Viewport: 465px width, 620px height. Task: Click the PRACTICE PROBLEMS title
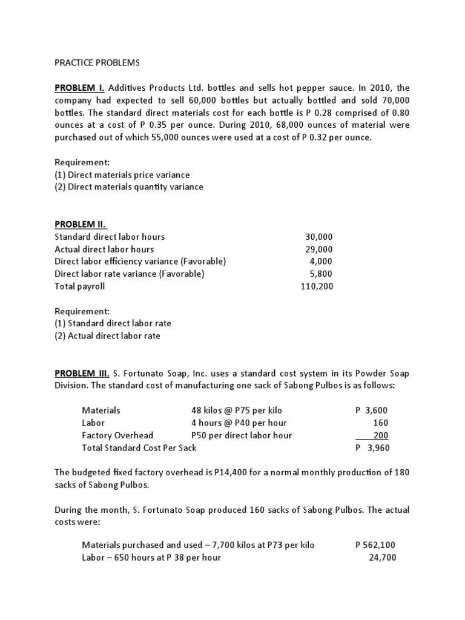coord(96,63)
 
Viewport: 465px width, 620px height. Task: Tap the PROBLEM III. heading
coord(82,373)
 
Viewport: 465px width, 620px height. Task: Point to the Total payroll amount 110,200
coord(317,286)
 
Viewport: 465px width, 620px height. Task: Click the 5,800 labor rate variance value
coord(322,274)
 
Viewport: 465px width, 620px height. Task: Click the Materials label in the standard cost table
coord(101,410)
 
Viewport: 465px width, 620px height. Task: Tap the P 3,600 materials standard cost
coord(372,410)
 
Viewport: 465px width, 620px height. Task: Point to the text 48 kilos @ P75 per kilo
coord(237,410)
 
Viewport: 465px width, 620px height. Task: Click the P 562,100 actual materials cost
coord(376,545)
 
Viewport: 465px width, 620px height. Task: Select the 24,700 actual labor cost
coord(383,557)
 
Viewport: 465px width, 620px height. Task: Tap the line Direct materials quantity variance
coord(129,187)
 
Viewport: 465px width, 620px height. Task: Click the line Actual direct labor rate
coord(107,335)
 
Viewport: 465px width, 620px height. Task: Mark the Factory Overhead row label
coord(117,435)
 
